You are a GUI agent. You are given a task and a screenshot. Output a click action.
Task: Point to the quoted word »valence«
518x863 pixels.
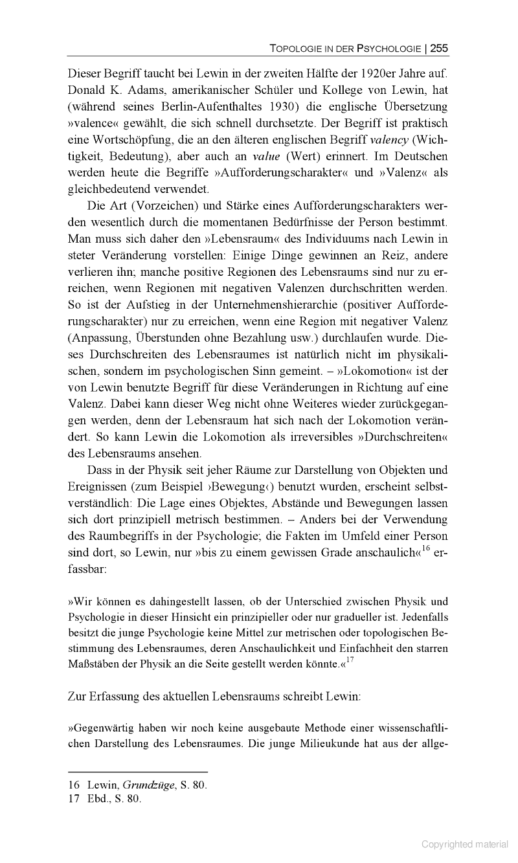coord(95,123)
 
